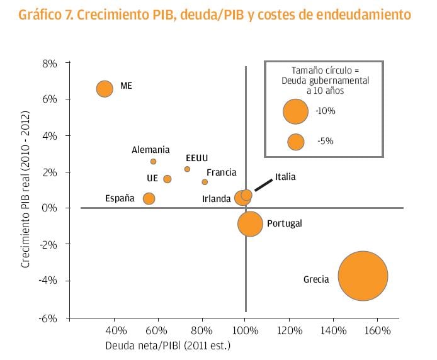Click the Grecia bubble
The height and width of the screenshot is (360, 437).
tap(363, 276)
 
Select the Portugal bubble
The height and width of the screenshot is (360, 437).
tap(250, 223)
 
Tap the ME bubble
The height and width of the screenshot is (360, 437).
tap(105, 89)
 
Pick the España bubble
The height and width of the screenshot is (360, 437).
tap(149, 198)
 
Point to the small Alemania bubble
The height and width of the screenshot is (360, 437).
tap(153, 162)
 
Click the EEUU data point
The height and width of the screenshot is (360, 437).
tap(187, 169)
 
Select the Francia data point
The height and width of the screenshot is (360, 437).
tap(205, 182)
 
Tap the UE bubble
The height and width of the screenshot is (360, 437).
tap(167, 179)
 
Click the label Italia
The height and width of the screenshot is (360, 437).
tap(285, 177)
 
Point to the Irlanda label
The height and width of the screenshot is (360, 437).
tap(217, 199)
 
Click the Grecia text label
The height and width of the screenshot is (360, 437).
tap(316, 279)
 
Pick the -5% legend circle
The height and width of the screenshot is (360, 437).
tap(295, 142)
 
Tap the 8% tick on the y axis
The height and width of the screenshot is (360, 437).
tap(50, 63)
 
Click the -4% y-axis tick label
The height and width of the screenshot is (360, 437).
tap(49, 281)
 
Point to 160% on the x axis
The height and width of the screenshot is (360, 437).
tap(377, 330)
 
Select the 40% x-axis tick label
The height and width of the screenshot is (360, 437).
tap(115, 330)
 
